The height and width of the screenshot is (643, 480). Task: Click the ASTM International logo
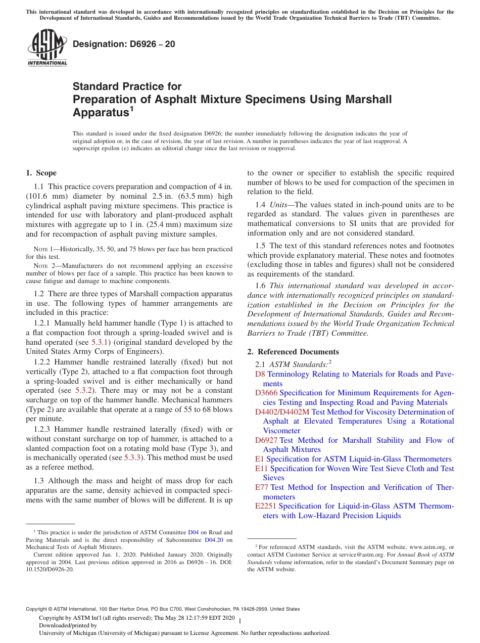pyautogui.click(x=46, y=49)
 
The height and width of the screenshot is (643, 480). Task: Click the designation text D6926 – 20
pyautogui.click(x=124, y=44)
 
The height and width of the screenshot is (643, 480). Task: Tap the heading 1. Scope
pyautogui.click(x=41, y=173)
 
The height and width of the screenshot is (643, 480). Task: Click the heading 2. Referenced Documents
pyautogui.click(x=293, y=352)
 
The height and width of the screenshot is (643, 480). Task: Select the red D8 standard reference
pyautogui.click(x=260, y=374)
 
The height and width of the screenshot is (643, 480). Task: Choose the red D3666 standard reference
pyautogui.click(x=266, y=393)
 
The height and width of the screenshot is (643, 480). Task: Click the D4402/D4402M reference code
pyautogui.click(x=282, y=412)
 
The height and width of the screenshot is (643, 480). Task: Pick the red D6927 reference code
pyautogui.click(x=266, y=440)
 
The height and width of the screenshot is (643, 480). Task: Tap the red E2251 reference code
pyautogui.click(x=266, y=506)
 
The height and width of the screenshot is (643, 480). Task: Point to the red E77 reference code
pyautogui.click(x=262, y=487)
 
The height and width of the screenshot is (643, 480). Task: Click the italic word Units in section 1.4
pyautogui.click(x=280, y=205)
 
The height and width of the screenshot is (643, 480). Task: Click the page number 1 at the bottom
pyautogui.click(x=240, y=621)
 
